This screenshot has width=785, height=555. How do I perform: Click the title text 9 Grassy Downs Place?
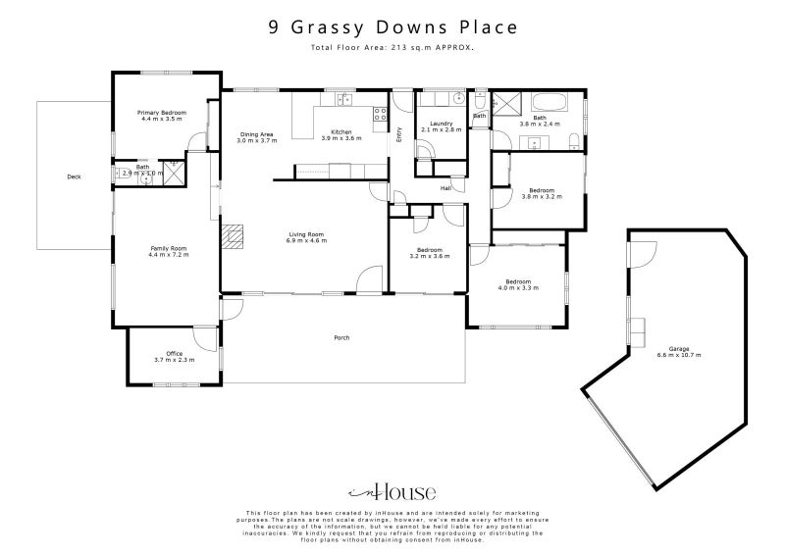392,27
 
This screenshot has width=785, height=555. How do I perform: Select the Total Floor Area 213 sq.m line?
392,47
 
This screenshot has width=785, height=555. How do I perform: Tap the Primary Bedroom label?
161,115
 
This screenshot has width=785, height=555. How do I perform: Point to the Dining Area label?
256,136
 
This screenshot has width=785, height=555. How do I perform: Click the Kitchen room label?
340,134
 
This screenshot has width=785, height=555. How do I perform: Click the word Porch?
341,338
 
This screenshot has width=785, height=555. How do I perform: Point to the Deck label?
74,177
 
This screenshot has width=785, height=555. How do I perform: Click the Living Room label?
306,236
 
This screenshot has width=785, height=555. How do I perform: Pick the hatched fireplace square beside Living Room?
231,237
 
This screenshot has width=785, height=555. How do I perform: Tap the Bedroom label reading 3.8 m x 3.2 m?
542,193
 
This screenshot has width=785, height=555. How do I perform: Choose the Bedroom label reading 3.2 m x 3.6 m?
429,253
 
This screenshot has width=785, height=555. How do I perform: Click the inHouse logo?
392,492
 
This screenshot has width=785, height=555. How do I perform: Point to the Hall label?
445,188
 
